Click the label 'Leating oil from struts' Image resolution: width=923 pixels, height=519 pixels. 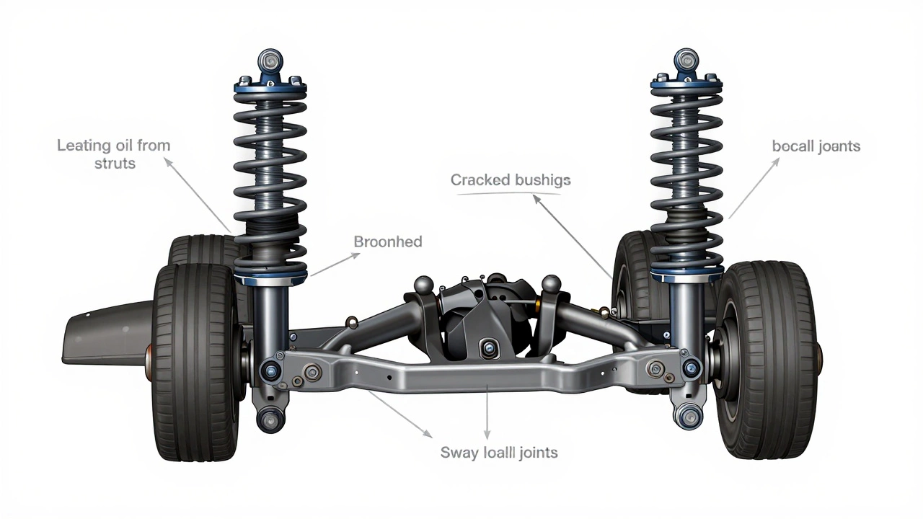coord(114,154)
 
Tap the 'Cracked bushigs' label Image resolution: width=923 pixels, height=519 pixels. coord(511,179)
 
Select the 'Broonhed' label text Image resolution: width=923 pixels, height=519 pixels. coord(387,241)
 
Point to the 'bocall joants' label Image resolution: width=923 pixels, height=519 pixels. coord(816,146)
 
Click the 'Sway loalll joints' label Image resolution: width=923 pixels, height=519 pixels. coord(499,453)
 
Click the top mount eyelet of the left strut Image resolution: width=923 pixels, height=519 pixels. coord(270,60)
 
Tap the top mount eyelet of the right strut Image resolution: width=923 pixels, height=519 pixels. coord(686,60)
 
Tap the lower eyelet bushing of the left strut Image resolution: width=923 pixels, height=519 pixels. coord(271,417)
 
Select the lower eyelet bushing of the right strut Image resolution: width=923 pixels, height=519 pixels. coord(689,415)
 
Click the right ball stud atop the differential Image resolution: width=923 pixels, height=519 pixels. coord(551,283)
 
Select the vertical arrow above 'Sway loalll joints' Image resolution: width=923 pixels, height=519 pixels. coord(488,411)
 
